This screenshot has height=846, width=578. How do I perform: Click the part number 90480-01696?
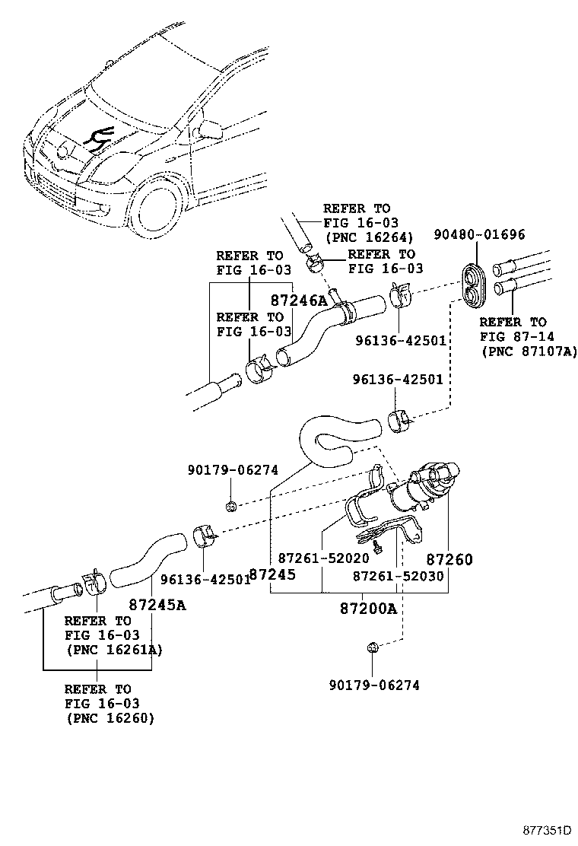pyautogui.click(x=480, y=234)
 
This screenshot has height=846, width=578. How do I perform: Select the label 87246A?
pyautogui.click(x=300, y=301)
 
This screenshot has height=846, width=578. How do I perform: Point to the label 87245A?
pyautogui.click(x=157, y=606)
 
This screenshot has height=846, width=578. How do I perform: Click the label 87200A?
pyautogui.click(x=368, y=609)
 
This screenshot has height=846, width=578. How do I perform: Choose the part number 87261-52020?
pyautogui.click(x=323, y=558)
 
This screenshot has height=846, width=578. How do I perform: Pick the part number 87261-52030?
pyautogui.click(x=398, y=577)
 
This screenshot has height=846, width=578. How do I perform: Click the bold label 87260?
pyautogui.click(x=449, y=560)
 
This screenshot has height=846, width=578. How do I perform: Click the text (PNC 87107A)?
pyautogui.click(x=529, y=351)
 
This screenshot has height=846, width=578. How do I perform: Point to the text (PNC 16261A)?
pyautogui.click(x=113, y=650)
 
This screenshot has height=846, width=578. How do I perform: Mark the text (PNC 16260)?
pyautogui.click(x=110, y=717)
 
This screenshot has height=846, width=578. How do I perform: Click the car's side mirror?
pyautogui.click(x=209, y=127)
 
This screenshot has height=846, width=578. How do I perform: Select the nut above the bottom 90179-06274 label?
pyautogui.click(x=373, y=647)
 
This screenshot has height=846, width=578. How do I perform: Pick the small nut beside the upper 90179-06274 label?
pyautogui.click(x=230, y=505)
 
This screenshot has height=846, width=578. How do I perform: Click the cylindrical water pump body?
pyautogui.click(x=414, y=489)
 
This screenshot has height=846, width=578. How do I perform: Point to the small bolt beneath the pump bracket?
pyautogui.click(x=377, y=545)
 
